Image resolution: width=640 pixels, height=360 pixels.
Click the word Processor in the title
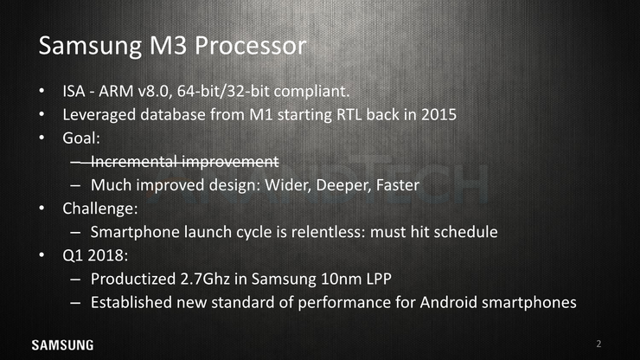pos(250,45)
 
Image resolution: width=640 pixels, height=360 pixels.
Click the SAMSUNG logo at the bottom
pos(62,345)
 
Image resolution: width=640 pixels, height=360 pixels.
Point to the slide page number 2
pos(598,344)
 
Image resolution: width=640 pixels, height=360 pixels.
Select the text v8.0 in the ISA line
pos(153,91)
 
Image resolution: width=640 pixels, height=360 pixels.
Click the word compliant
pos(311,91)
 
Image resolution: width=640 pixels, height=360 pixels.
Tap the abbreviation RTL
pos(349,115)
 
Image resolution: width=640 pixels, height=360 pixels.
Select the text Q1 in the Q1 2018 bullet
pos(73,256)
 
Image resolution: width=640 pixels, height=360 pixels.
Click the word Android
pos(448,303)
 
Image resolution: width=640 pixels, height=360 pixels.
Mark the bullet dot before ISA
pos(42,91)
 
